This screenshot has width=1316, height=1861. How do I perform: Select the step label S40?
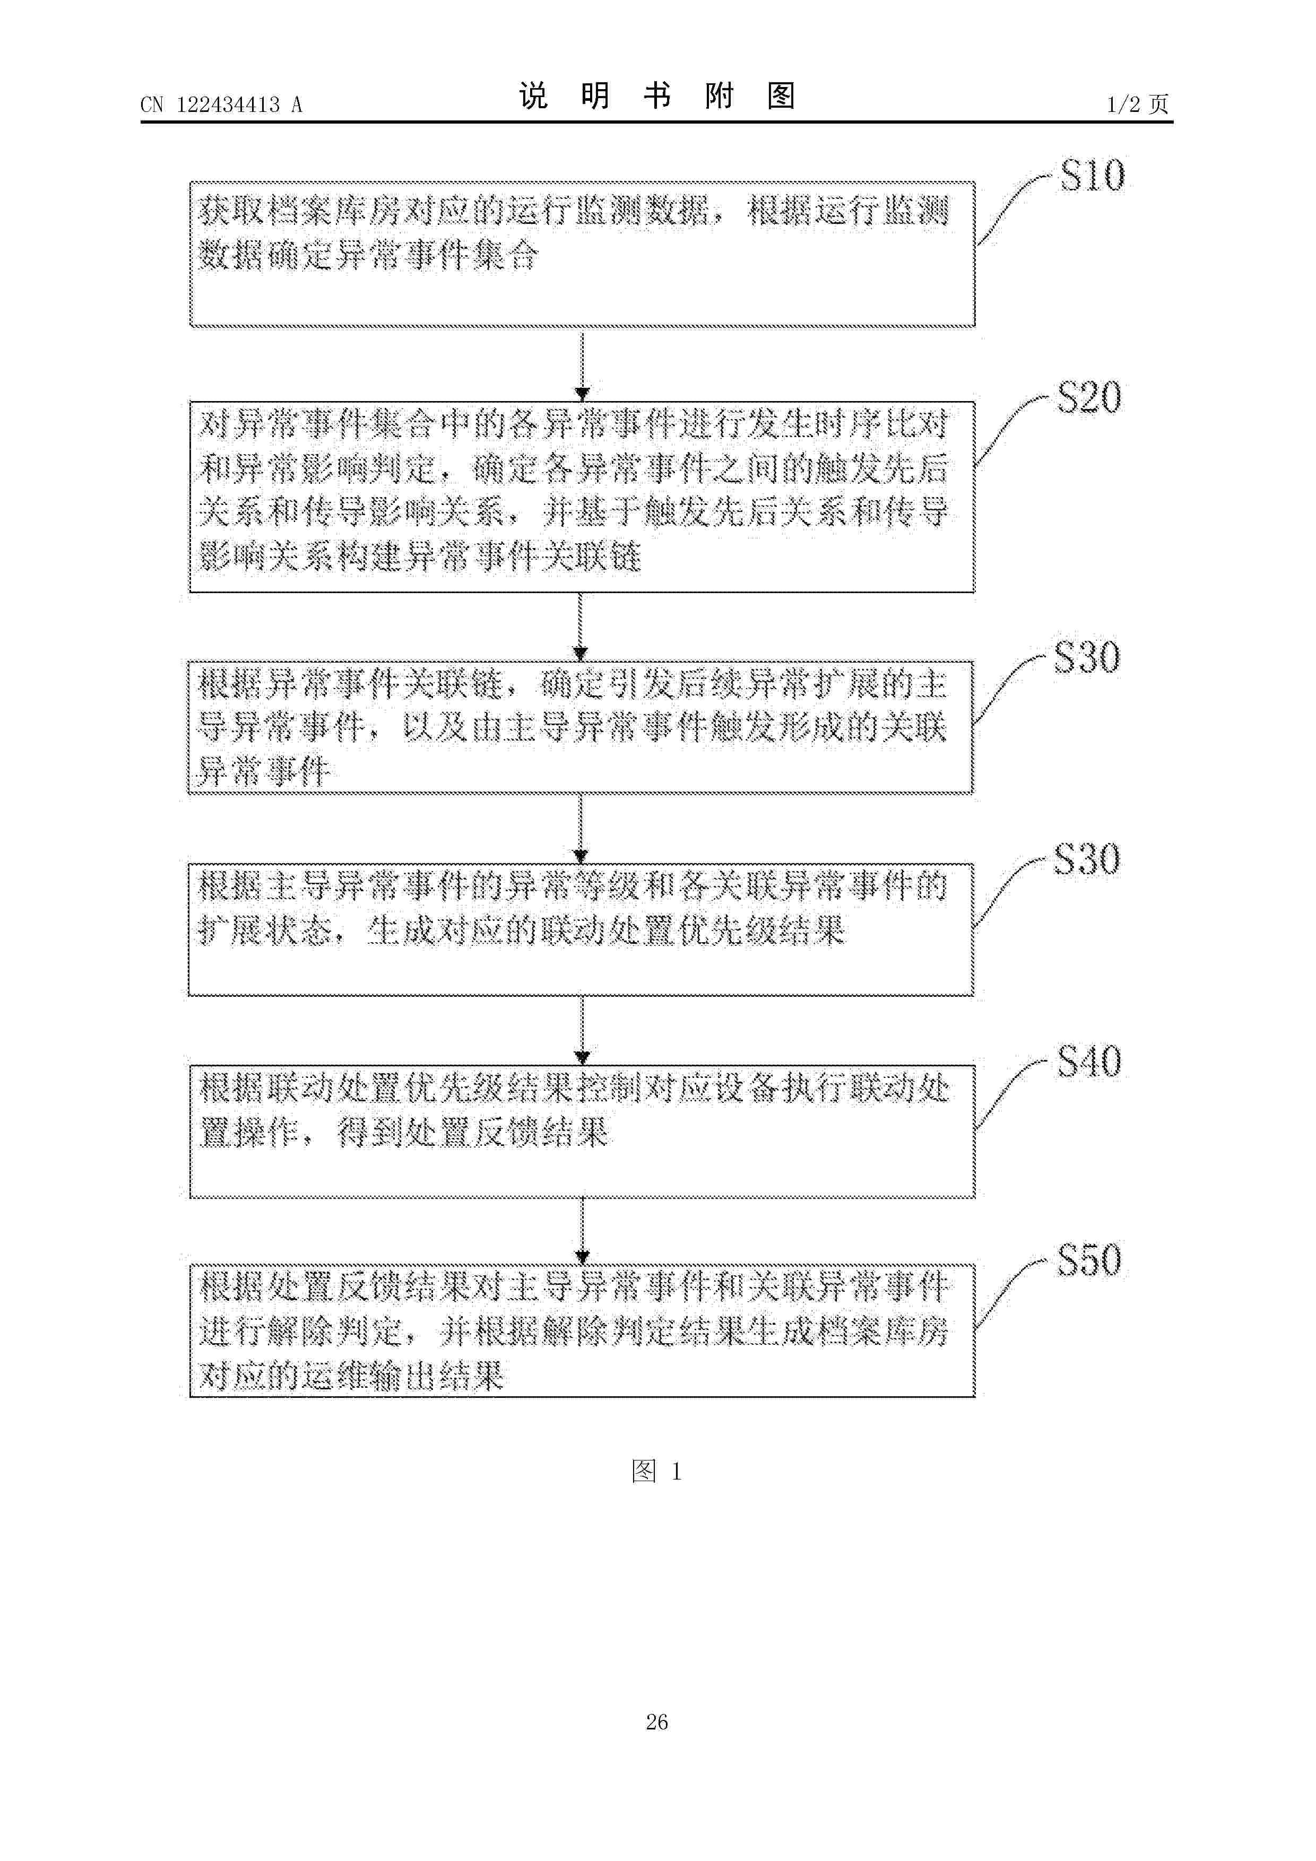click(x=1089, y=1061)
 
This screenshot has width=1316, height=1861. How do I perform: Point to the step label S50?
click(x=1089, y=1260)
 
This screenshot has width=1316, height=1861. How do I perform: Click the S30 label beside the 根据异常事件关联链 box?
click(x=1087, y=657)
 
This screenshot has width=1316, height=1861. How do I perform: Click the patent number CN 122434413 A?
click(x=221, y=105)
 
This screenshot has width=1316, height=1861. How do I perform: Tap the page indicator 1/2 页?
click(x=1138, y=104)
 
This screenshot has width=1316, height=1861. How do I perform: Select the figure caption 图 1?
click(x=656, y=1471)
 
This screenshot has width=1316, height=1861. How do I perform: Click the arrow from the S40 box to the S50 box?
click(x=582, y=1230)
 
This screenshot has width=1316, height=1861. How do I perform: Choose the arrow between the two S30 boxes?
click(x=581, y=828)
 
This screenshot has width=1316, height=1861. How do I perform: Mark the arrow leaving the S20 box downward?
click(x=581, y=627)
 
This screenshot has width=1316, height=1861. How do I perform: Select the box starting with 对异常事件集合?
click(x=582, y=497)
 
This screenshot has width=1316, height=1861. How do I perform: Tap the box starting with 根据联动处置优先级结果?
click(x=582, y=1132)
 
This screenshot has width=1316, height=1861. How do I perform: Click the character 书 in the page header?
click(x=657, y=97)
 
